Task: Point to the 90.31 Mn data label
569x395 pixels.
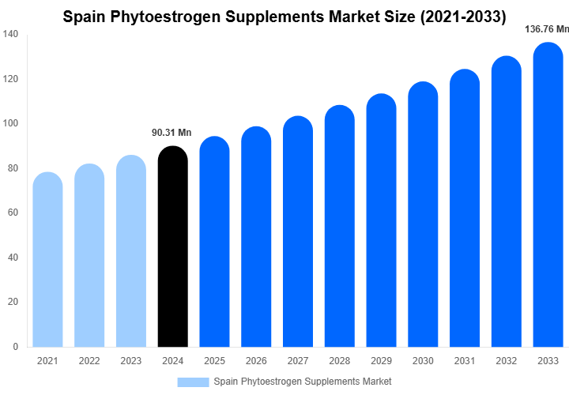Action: pos(171,133)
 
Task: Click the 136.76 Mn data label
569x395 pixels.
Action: pos(547,29)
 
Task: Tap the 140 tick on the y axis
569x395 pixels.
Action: pos(11,34)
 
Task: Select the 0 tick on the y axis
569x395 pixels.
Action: pos(16,346)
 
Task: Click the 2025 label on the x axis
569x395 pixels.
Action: pos(214,361)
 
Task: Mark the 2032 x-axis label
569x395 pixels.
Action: pos(507,361)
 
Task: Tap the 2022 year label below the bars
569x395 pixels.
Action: pos(89,361)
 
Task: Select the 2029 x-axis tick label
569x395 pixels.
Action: pos(381,361)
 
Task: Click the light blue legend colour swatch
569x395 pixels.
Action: pos(193,382)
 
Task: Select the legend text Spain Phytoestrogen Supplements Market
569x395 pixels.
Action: pos(302,382)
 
